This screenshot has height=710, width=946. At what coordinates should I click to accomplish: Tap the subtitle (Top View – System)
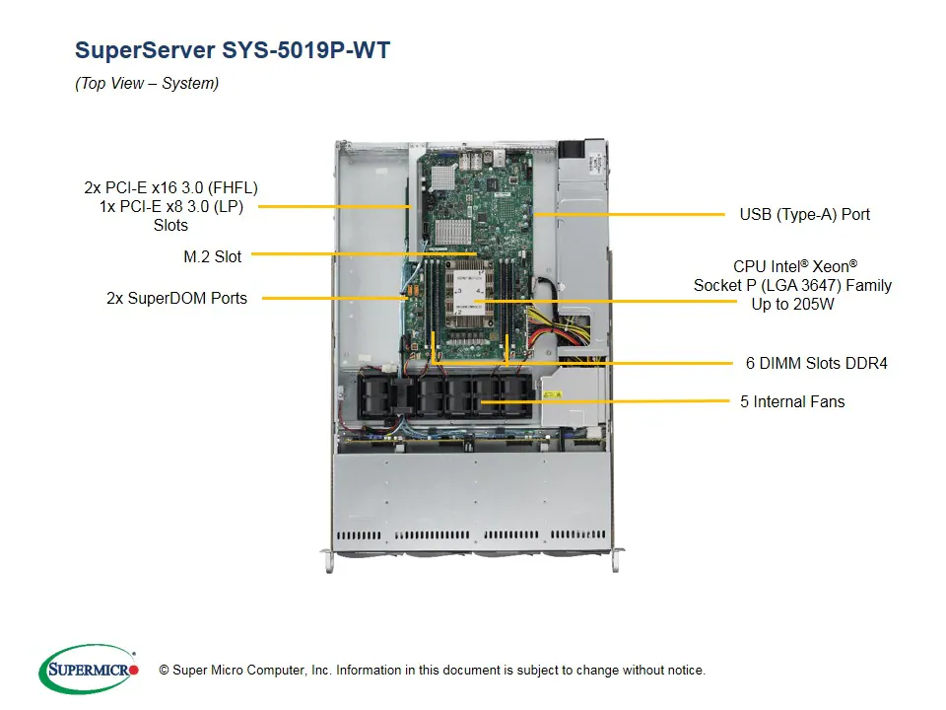click(147, 84)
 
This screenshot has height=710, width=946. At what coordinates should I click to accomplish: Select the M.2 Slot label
click(212, 256)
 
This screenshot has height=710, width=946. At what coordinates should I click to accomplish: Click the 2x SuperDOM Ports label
click(176, 297)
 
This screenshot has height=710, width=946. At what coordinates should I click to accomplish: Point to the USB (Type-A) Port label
click(804, 214)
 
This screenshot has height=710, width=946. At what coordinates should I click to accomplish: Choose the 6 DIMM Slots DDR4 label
click(816, 363)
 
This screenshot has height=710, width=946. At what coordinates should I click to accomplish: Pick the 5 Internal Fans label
click(792, 401)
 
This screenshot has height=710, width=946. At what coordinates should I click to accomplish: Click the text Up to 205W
click(792, 304)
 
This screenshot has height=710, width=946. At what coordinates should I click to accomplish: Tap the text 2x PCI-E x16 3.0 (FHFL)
click(170, 187)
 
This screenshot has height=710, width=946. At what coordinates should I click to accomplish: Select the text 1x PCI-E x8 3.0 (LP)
click(170, 206)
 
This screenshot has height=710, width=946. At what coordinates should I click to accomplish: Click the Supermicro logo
click(89, 670)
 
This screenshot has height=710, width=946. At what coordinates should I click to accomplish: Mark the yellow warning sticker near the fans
click(550, 396)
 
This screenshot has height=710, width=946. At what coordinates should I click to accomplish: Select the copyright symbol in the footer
click(164, 671)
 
